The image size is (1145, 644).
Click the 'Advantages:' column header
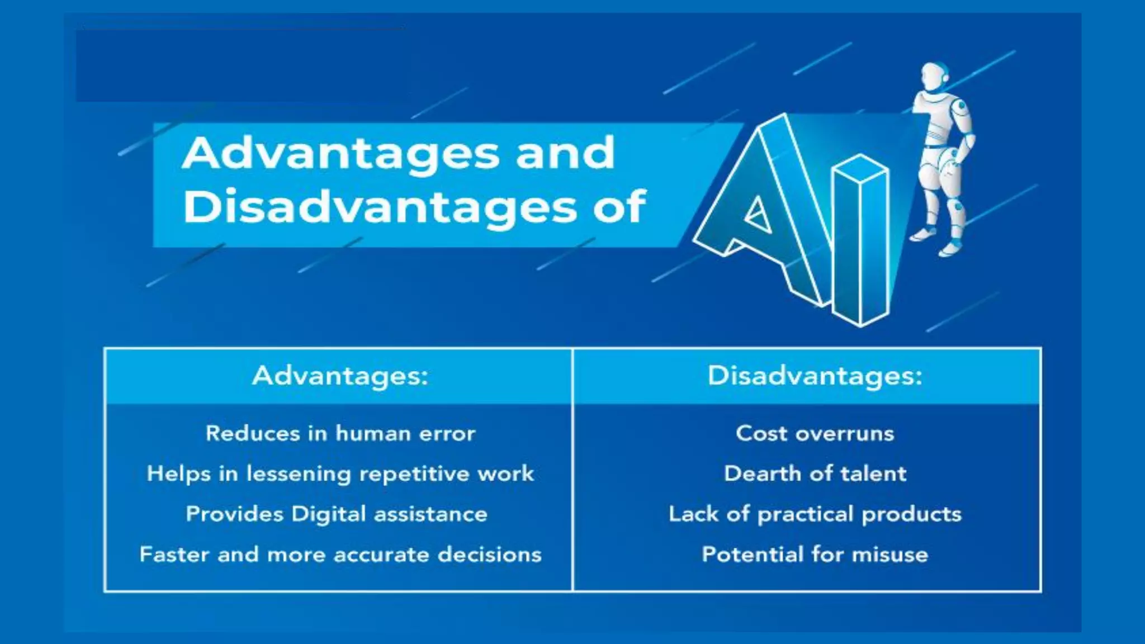pos(340,376)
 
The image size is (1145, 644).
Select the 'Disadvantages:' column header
pos(815,376)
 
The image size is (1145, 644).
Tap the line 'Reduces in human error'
pos(340,433)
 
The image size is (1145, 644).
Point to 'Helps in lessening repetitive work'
pos(340,473)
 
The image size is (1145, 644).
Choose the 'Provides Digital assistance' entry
pos(337,514)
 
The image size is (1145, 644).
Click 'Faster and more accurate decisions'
pos(340,554)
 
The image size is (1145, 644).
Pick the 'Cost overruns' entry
pos(815,433)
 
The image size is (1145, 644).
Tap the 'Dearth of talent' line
pos(815,473)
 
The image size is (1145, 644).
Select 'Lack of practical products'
pos(815,514)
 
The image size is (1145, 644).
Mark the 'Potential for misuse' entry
pos(815,554)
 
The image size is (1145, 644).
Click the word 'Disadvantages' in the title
pos(380,207)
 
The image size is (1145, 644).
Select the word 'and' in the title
pos(565,153)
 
